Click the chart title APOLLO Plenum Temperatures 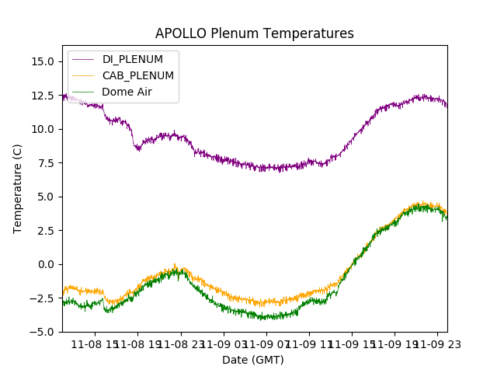pyautogui.click(x=254, y=33)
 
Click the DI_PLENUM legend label pyautogui.click(x=133, y=59)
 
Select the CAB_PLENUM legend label pyautogui.click(x=138, y=75)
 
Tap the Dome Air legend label pyautogui.click(x=128, y=92)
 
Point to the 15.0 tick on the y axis pyautogui.click(x=41, y=61)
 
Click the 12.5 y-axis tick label pyautogui.click(x=41, y=96)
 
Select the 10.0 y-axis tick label pyautogui.click(x=41, y=129)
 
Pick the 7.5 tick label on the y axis pyautogui.click(x=43, y=163)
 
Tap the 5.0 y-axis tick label pyautogui.click(x=43, y=197)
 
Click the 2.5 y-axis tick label pyautogui.click(x=43, y=231)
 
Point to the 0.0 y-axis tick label pyautogui.click(x=43, y=264)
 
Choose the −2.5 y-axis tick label pyautogui.click(x=40, y=298)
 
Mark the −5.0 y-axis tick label pyautogui.click(x=40, y=332)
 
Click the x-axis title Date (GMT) pyautogui.click(x=253, y=360)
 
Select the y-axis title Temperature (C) pyautogui.click(x=18, y=189)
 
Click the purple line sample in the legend pyautogui.click(x=84, y=59)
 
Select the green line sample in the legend pyautogui.click(x=84, y=92)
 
